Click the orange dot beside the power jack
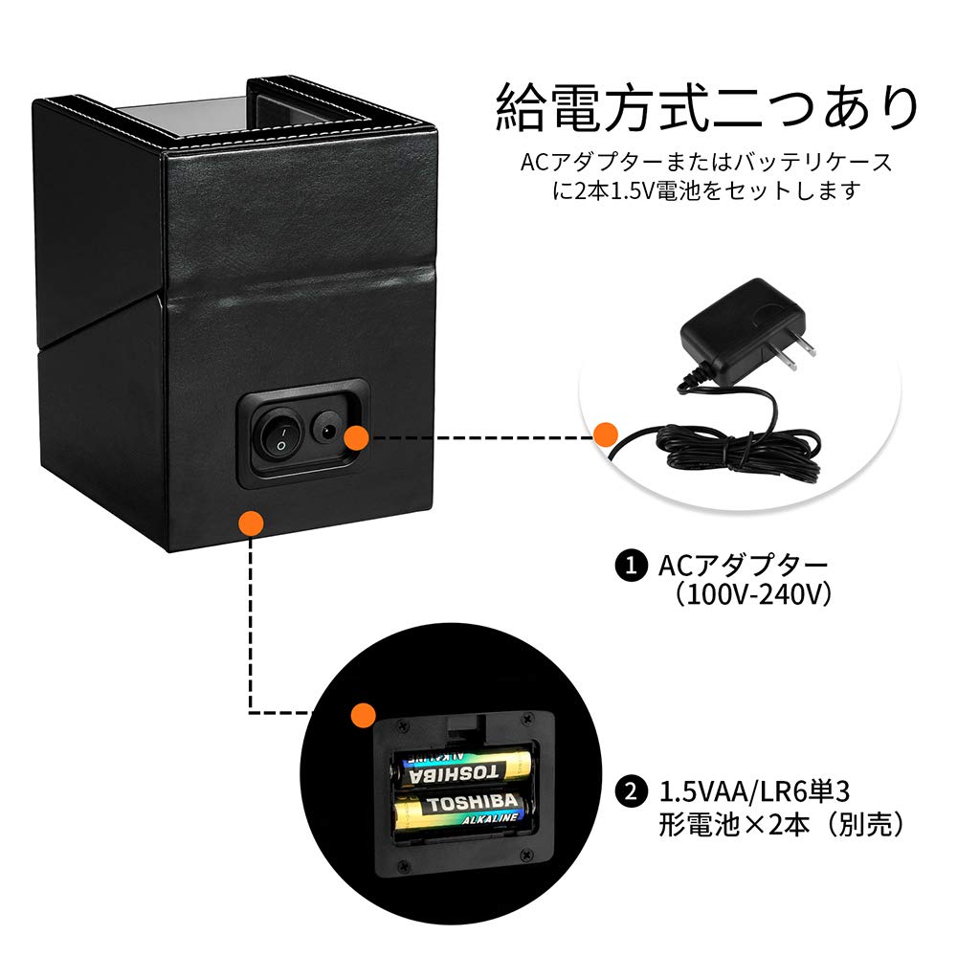tap(356, 437)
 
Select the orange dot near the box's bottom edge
tap(251, 522)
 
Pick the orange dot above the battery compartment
tap(362, 713)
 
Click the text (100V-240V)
tap(749, 594)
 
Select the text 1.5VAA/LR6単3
tap(755, 791)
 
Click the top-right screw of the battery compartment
tap(526, 718)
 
